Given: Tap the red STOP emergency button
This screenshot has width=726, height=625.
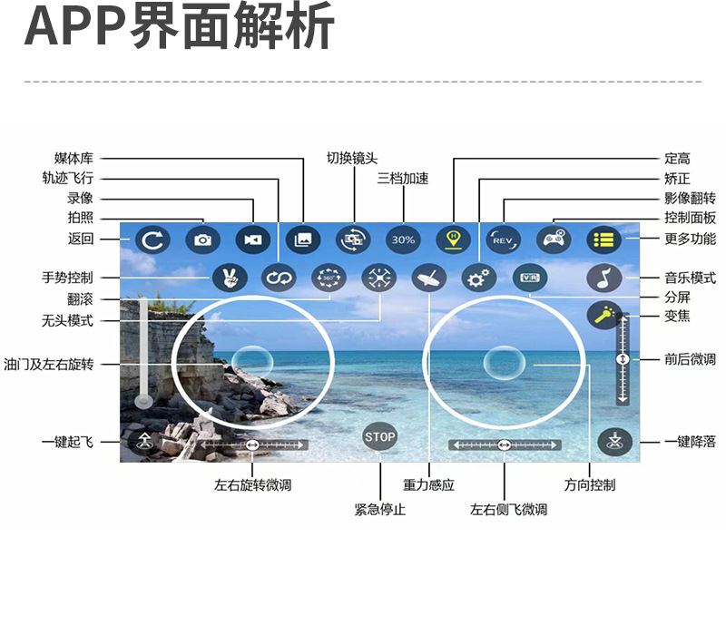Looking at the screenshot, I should tap(380, 437).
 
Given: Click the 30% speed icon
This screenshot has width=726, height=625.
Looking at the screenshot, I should tap(403, 239).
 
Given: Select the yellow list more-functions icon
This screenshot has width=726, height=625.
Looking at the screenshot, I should tap(603, 239).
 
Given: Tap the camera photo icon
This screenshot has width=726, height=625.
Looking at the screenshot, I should tap(202, 239).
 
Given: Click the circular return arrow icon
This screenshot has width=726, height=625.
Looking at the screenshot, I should tap(153, 239).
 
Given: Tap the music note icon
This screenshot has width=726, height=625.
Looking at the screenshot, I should tap(603, 278).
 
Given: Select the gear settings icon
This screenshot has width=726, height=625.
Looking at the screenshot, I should tap(477, 278).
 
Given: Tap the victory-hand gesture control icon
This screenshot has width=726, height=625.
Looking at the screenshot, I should tap(230, 278).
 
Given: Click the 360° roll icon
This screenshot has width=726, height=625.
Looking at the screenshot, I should tap(329, 278).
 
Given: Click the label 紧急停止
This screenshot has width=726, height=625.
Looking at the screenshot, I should tap(379, 510).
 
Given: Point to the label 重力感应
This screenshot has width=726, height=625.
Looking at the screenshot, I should tap(428, 485).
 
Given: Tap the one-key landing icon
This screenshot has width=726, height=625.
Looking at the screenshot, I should tap(614, 442).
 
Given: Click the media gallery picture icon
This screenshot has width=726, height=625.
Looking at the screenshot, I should tap(303, 239).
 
